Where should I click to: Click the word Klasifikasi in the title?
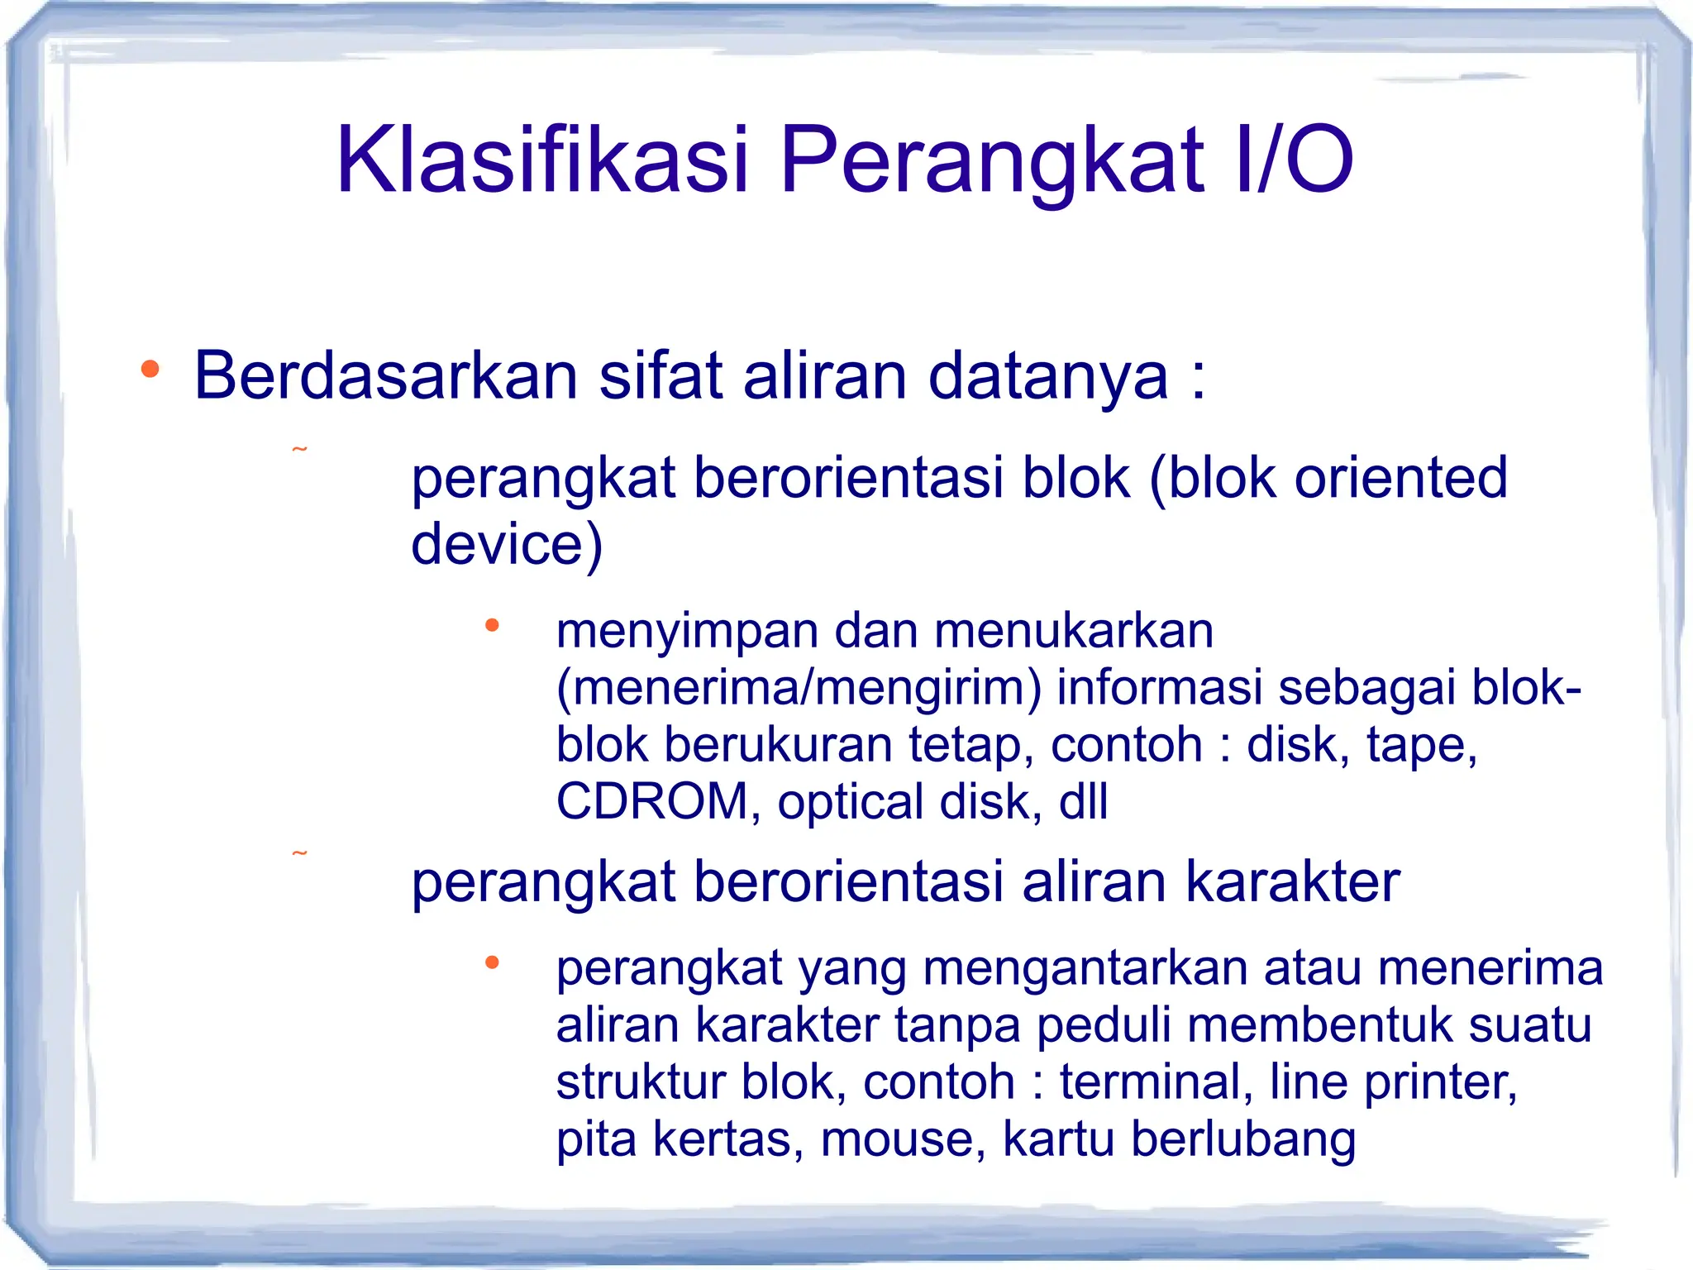coord(541,160)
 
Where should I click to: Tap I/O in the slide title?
coord(1294,160)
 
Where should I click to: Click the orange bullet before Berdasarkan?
coord(150,370)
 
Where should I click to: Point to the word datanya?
coord(1048,376)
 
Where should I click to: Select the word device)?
coord(507,544)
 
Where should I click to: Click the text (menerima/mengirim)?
coord(799,688)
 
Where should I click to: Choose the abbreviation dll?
coord(1083,802)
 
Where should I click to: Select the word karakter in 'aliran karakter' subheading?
coord(1293,881)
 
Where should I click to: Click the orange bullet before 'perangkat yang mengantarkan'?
coord(492,962)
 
